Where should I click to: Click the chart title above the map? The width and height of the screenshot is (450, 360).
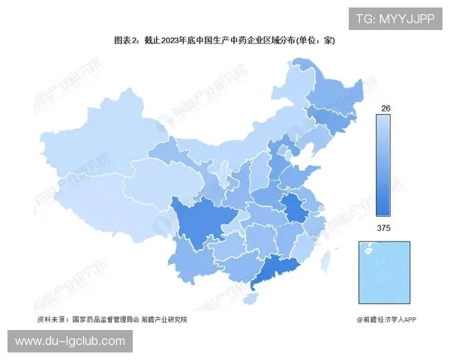(224, 40)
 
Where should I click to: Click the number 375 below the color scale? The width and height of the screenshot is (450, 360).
(385, 227)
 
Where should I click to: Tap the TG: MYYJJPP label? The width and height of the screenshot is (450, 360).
(394, 19)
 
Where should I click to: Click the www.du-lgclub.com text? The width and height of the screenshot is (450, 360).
(70, 341)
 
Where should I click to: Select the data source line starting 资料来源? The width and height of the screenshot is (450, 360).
(112, 319)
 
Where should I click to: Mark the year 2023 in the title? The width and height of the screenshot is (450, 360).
(170, 40)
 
